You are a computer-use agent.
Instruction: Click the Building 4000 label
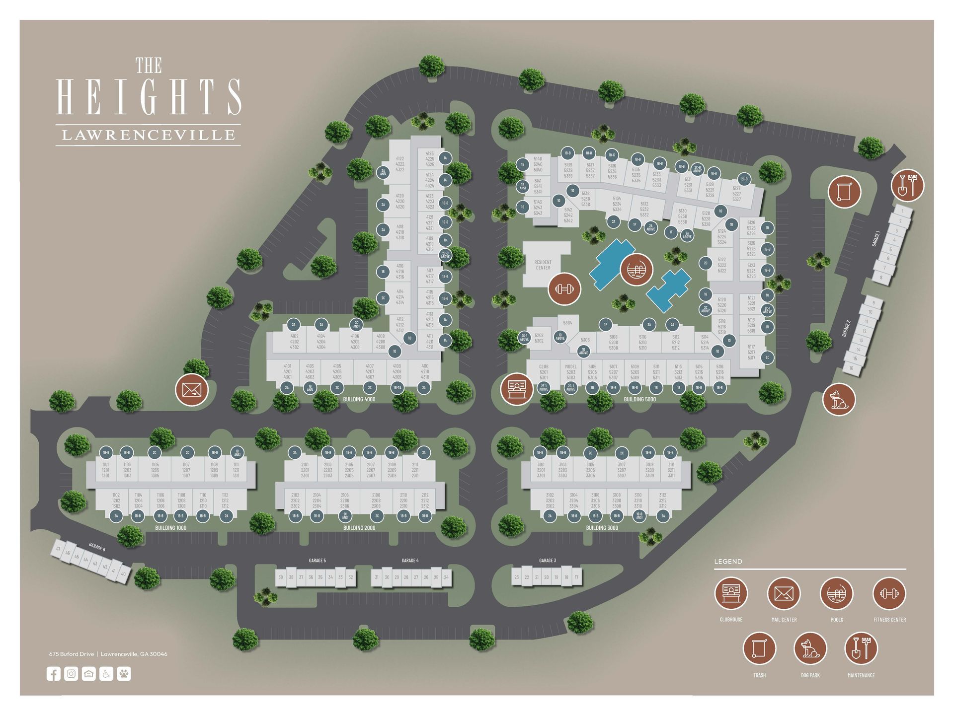point(359,399)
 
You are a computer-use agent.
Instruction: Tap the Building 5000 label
point(639,399)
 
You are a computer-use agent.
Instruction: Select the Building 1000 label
point(170,528)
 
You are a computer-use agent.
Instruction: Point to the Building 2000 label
point(359,528)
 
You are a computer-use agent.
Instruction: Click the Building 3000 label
point(602,528)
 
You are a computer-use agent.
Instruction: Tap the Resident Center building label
point(543,265)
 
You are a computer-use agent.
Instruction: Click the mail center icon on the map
point(192,390)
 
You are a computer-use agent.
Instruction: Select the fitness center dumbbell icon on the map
point(564,288)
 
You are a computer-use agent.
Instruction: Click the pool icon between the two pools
point(636,270)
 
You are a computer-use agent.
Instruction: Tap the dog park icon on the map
point(839,399)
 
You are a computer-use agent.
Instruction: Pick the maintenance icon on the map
point(907,185)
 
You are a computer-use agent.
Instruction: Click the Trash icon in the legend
point(759,648)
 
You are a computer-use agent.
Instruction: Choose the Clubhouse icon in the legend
point(731,593)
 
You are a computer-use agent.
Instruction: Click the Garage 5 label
point(317,561)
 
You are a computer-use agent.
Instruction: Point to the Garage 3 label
point(547,561)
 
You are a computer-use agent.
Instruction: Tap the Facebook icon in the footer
point(54,674)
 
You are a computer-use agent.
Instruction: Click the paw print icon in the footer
point(124,674)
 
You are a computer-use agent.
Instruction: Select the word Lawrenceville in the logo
point(148,135)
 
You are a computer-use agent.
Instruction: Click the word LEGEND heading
point(728,562)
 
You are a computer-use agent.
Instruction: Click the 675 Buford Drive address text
point(72,654)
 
